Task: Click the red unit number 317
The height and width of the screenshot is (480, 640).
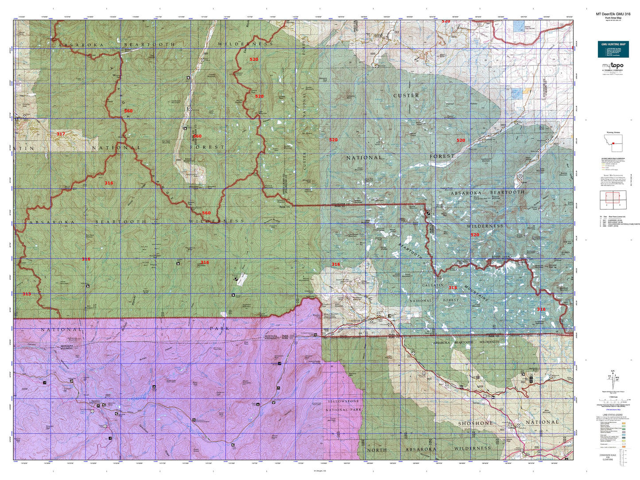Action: [x=61, y=134]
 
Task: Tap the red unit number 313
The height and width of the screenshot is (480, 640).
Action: [x=27, y=294]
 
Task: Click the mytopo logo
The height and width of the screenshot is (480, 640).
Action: [x=613, y=66]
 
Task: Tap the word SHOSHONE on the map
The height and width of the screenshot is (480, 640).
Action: [x=476, y=423]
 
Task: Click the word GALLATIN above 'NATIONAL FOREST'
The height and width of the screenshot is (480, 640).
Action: [x=433, y=285]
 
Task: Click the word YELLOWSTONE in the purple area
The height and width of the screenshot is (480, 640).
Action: [x=344, y=401]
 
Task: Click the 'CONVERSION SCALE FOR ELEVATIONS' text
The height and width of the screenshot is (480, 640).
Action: [x=608, y=457]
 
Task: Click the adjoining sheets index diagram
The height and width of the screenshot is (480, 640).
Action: [x=613, y=200]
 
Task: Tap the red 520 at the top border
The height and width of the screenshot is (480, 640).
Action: [x=446, y=21]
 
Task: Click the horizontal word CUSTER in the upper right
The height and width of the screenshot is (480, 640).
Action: [x=406, y=96]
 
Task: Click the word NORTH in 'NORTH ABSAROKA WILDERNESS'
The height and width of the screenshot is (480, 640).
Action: [x=377, y=450]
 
